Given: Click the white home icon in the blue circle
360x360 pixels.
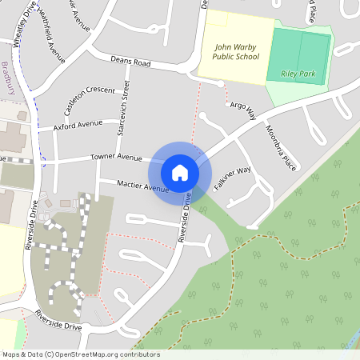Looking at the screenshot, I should click(x=180, y=172).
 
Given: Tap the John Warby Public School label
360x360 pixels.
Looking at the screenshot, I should click(x=236, y=52).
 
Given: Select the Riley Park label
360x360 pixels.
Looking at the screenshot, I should click(x=299, y=74).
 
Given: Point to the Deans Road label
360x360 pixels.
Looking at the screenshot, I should click(x=130, y=62).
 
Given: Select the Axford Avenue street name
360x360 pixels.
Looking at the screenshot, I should click(x=78, y=126).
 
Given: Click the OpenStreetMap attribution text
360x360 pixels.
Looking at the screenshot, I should click(x=80, y=354).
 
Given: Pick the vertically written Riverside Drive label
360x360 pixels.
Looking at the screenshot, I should click(x=28, y=228).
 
